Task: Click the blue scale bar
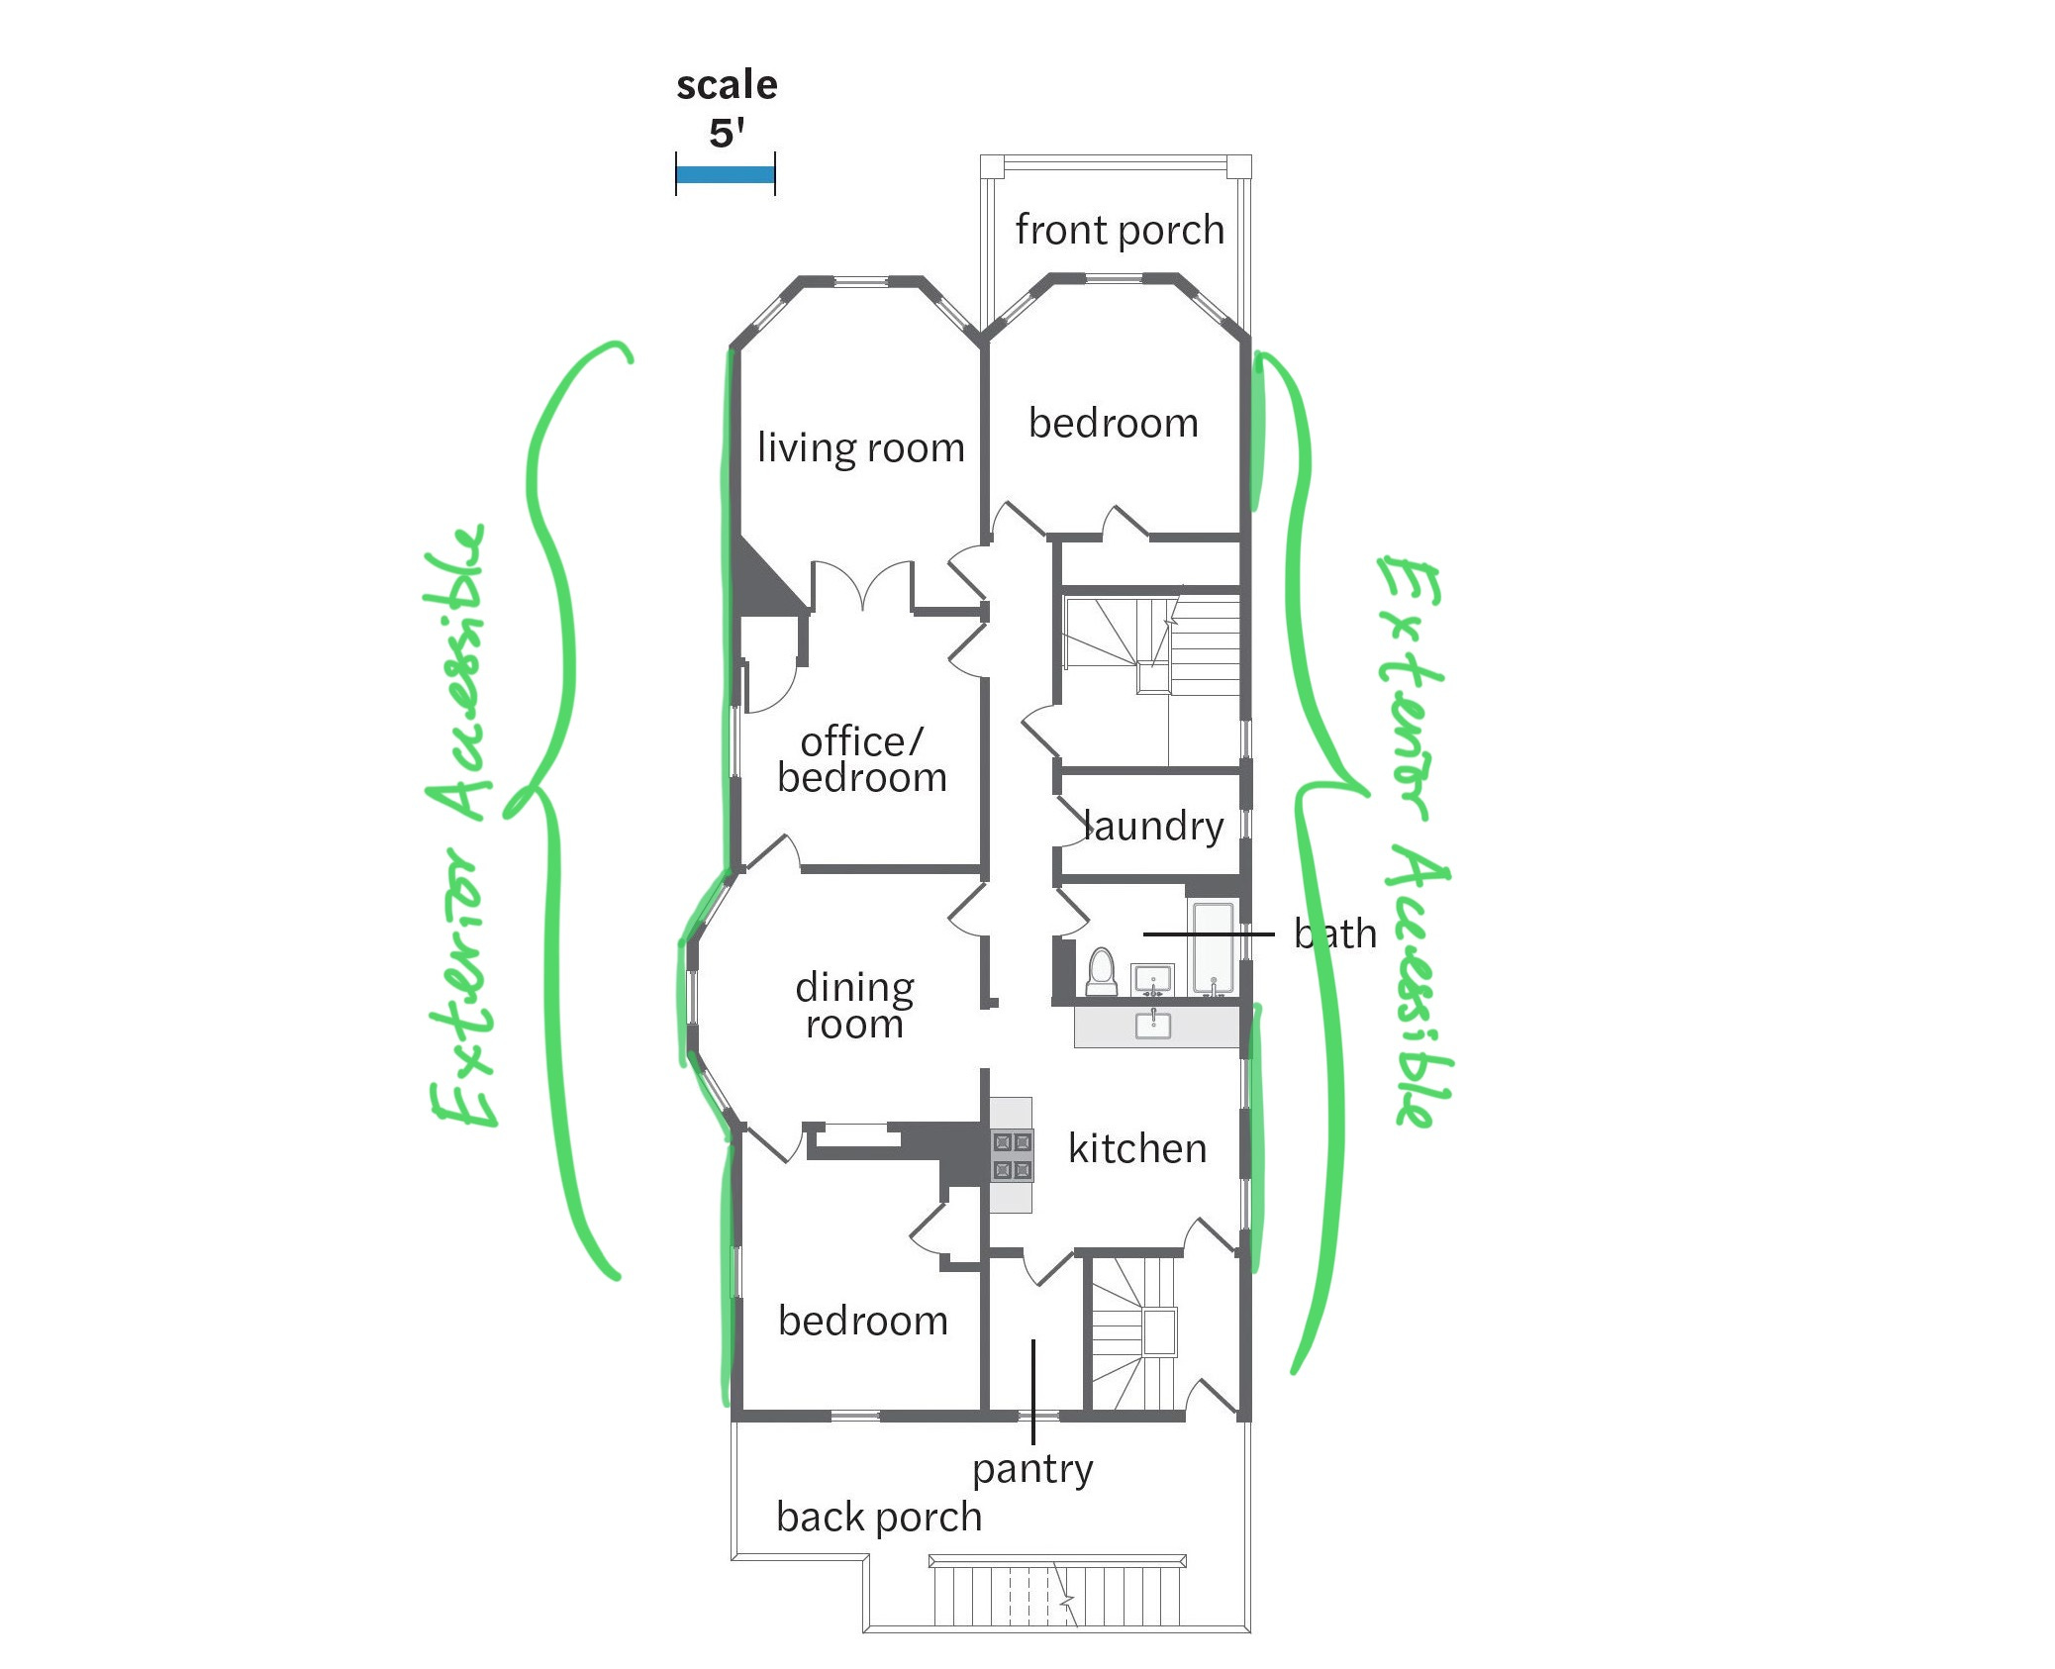[x=725, y=175]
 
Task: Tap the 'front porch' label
[x=1119, y=230]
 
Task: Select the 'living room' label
[x=860, y=447]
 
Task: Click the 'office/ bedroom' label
[x=861, y=759]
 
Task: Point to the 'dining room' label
[x=854, y=1005]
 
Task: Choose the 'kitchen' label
[x=1136, y=1148]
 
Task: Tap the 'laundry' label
[x=1153, y=826]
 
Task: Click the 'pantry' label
[x=1031, y=1469]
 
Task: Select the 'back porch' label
[x=878, y=1517]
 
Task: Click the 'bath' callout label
[x=1334, y=933]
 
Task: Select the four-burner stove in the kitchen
[x=1012, y=1155]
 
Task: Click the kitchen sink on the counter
[x=1153, y=1025]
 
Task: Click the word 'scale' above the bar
[x=727, y=85]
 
